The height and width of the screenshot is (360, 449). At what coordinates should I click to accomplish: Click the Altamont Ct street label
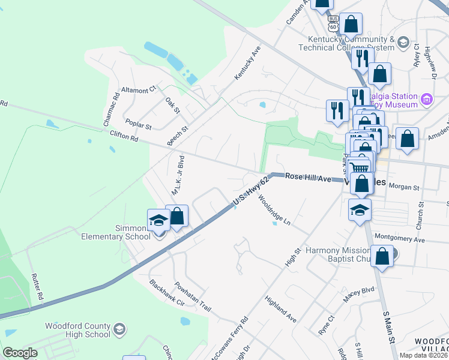point(138,90)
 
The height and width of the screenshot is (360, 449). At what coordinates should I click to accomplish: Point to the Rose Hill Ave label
point(308,178)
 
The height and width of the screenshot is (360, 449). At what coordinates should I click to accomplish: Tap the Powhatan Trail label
point(193,296)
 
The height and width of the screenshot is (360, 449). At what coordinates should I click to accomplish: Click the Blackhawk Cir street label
point(167,292)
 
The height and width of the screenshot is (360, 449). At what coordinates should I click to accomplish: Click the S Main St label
point(388,327)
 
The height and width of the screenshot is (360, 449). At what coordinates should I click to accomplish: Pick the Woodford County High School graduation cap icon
point(119,329)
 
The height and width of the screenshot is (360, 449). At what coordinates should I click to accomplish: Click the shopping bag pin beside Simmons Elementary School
point(177,217)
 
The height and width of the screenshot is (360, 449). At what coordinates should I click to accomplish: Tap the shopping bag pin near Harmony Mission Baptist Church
point(382,256)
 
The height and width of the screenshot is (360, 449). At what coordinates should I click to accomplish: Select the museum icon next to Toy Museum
point(426,99)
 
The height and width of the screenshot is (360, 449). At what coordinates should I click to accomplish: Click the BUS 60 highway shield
point(333,23)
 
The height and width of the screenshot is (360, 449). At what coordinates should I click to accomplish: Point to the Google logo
point(20,353)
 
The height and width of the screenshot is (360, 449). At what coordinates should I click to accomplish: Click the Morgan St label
point(403,187)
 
